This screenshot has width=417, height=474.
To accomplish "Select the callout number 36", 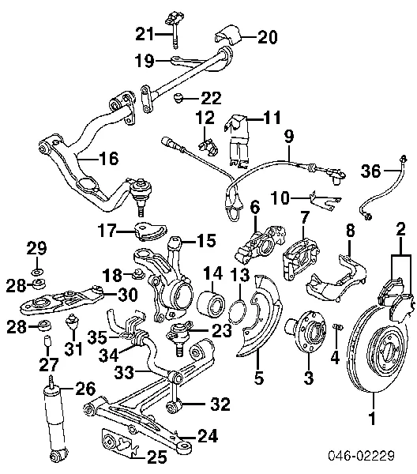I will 370,170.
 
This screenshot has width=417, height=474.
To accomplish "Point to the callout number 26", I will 84,388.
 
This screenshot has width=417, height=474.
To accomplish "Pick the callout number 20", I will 246,36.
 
